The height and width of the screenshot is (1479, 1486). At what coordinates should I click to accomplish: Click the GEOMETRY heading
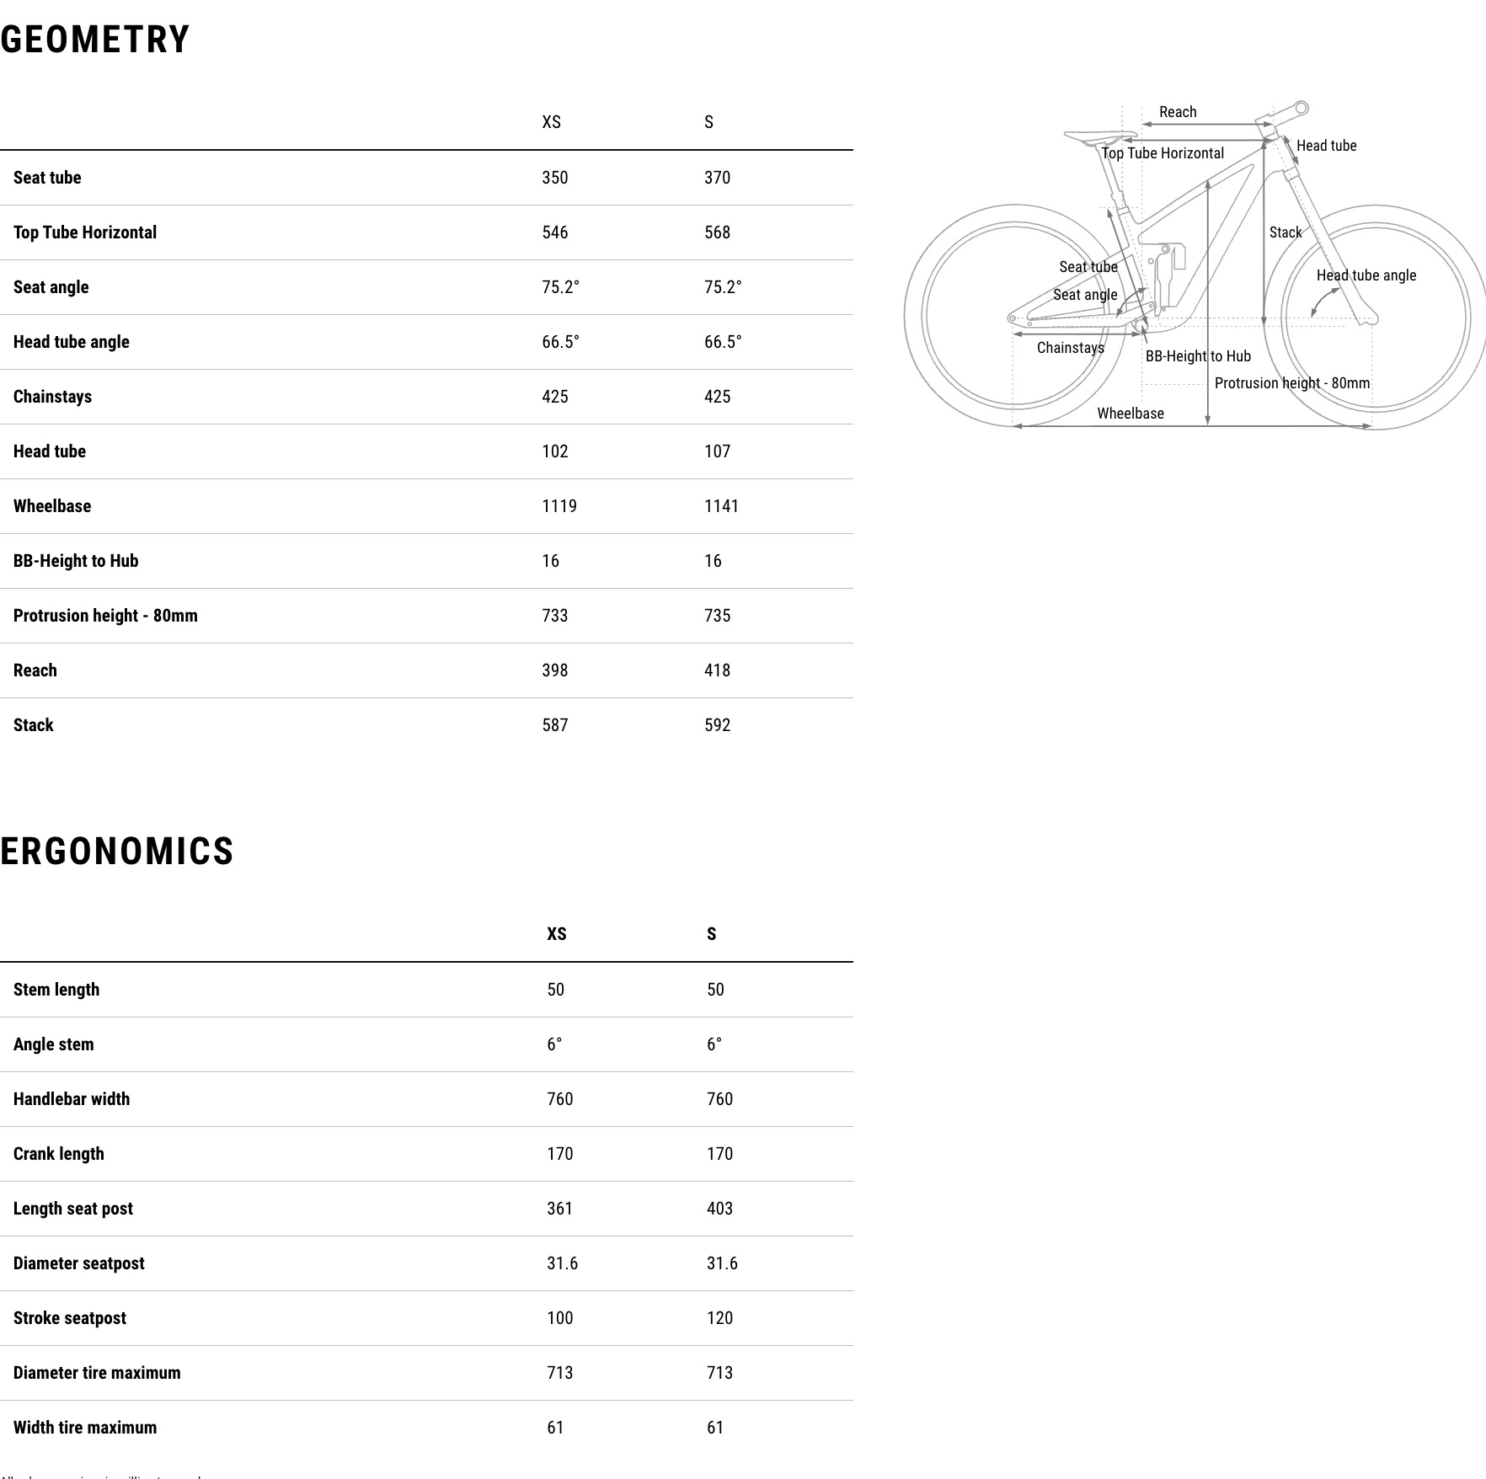(95, 40)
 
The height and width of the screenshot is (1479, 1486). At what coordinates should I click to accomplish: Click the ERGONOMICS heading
(117, 851)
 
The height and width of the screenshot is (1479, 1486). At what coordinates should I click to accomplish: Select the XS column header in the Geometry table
(551, 122)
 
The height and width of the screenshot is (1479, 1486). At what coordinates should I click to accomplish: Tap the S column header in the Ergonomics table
(711, 934)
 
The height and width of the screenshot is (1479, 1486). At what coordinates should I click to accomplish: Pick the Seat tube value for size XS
(554, 178)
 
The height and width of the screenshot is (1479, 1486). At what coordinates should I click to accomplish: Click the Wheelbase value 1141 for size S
(721, 506)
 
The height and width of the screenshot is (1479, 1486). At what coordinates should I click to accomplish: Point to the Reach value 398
(554, 670)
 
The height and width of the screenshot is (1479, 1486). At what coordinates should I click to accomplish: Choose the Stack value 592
(717, 725)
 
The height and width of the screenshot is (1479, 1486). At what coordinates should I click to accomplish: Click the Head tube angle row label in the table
(72, 342)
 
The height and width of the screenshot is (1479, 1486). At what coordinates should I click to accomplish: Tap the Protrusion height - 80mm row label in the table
(105, 616)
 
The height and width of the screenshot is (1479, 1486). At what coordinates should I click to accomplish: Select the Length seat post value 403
(719, 1209)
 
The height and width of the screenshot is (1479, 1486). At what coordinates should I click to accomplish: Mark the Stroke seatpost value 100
(559, 1318)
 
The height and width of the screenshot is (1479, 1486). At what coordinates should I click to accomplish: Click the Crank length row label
(59, 1154)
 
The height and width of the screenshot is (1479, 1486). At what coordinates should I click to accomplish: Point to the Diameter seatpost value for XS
(562, 1263)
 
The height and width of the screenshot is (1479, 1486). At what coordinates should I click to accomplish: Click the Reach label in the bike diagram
(1177, 112)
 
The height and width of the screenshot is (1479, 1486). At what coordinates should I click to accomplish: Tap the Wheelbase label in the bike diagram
(1130, 414)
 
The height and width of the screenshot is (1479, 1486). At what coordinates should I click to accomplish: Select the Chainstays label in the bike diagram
(1070, 348)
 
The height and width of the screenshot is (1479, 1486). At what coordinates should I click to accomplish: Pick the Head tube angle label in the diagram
(1366, 275)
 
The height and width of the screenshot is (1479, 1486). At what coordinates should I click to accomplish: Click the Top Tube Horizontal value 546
(554, 232)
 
